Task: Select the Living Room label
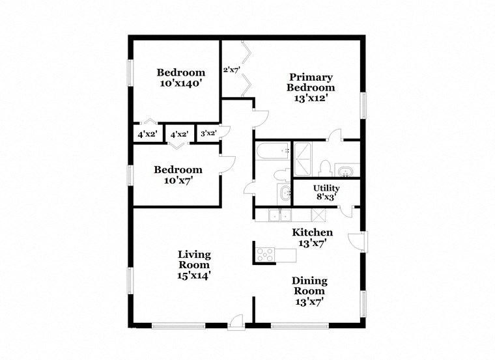pos(194,260)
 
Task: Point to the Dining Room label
pos(309,286)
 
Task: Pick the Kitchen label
pos(312,232)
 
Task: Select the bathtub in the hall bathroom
pos(272,152)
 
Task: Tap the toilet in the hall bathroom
pos(280,174)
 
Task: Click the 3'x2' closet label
pos(208,133)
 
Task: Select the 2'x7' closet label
pos(232,69)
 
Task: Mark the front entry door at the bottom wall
pos(235,321)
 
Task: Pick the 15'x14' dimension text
pos(194,275)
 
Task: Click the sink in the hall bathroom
pos(285,192)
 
